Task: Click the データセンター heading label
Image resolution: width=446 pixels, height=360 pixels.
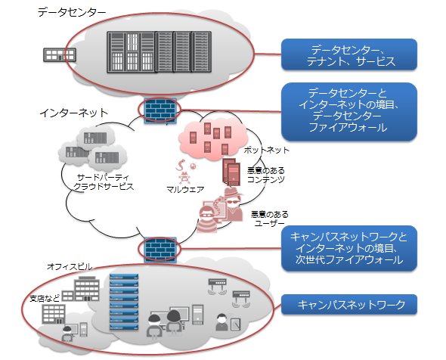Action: coord(71,12)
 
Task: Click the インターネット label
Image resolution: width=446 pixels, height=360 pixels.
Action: coord(73,113)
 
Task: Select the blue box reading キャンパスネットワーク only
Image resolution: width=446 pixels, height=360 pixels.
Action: coord(349,305)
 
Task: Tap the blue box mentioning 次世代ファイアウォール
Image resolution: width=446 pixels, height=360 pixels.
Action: coord(349,248)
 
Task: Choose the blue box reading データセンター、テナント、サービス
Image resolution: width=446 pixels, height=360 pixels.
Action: coord(349,54)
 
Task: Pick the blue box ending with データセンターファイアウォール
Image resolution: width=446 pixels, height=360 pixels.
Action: coord(349,112)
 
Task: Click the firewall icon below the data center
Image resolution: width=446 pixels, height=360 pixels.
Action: coord(160,110)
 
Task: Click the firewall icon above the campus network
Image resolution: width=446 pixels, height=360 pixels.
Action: coord(160,250)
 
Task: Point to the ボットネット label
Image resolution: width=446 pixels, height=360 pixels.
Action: coord(267,150)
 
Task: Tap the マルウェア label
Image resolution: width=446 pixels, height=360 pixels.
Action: coord(185,189)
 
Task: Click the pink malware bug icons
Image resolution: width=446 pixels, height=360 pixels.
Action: coord(186,172)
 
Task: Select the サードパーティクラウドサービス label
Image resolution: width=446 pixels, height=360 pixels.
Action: coord(104,182)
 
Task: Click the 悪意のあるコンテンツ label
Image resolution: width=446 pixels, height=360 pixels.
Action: coord(266,175)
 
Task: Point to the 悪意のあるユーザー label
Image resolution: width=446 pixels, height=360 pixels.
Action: coord(269,219)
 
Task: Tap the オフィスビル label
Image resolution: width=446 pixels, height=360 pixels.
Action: coord(70,267)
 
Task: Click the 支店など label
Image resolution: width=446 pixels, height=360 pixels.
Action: coord(45,298)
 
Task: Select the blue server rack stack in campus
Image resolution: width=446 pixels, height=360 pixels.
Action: coord(124,302)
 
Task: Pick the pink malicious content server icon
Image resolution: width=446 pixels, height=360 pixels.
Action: coord(231,172)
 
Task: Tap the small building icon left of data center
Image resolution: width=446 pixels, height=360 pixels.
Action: coord(60,54)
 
